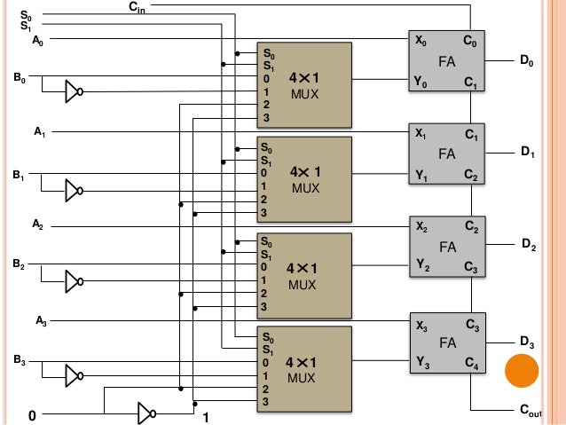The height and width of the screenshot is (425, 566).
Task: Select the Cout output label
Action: [x=529, y=413]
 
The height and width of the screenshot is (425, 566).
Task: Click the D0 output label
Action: [x=527, y=62]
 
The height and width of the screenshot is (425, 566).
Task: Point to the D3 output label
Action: [x=527, y=342]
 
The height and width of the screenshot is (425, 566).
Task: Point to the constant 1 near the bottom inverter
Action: [x=206, y=417]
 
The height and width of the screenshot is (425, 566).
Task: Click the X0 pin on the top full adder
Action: [x=421, y=41]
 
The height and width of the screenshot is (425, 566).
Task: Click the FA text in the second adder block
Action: [x=446, y=153]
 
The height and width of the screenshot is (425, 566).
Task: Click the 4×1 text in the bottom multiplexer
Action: [x=302, y=363]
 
